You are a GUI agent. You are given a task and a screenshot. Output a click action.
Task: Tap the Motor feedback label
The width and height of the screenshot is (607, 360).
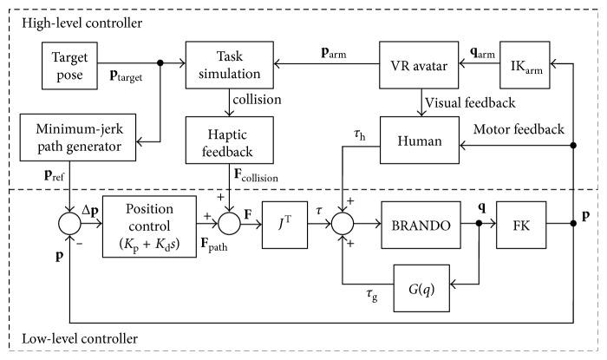pyautogui.click(x=518, y=129)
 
